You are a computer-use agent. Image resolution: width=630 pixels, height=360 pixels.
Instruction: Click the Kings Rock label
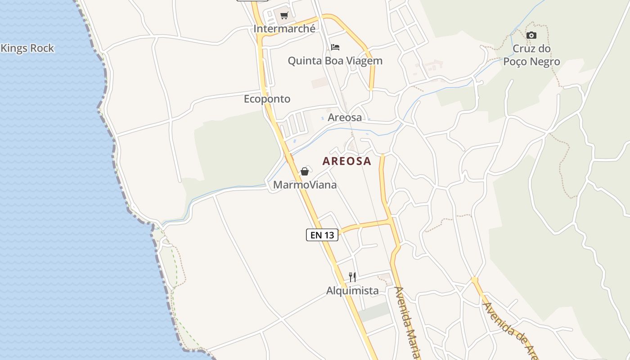coord(27,48)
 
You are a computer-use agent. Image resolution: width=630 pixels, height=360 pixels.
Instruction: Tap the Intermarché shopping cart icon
coord(284,16)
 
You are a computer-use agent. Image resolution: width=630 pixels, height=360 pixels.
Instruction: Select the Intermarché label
coord(284,29)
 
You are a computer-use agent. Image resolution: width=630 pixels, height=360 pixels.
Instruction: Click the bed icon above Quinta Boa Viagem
coord(335,47)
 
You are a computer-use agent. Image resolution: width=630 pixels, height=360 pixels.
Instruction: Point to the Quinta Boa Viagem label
coord(335,61)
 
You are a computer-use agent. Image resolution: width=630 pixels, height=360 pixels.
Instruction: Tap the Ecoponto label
coord(267,99)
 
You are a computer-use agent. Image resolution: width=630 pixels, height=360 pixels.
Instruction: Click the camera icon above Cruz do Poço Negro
coord(531,36)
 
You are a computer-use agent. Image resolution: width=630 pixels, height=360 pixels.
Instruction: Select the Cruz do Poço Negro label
coord(531,55)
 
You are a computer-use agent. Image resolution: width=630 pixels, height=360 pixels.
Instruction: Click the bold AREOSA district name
coord(347,161)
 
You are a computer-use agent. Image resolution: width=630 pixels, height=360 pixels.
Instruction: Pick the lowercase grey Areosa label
coord(345,117)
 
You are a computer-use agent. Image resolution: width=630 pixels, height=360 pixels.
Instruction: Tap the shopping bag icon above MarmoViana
coord(305,171)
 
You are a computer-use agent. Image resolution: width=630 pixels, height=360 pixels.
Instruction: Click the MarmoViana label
coord(305,185)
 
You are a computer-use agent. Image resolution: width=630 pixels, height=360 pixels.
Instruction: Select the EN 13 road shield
coord(322,235)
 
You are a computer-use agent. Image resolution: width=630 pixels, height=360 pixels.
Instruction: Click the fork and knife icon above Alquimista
coord(352,277)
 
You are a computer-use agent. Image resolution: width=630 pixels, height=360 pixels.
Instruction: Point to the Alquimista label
coord(352,291)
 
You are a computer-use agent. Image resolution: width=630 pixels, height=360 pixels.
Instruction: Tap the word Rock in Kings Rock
coord(41,48)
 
